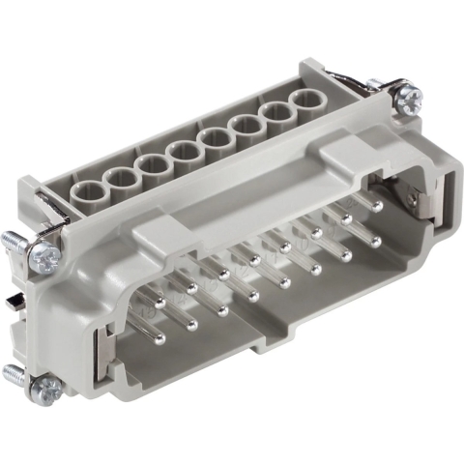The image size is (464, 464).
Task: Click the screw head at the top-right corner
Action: coord(406,98)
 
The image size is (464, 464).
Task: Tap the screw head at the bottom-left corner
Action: coord(43,389)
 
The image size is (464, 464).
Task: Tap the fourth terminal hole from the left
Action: coord(182,151)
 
